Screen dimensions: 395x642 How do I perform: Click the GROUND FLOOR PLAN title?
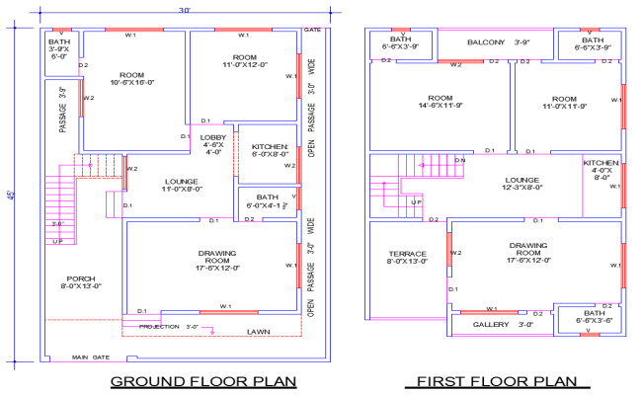[x=201, y=381]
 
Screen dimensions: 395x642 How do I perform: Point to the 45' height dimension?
[x=12, y=195]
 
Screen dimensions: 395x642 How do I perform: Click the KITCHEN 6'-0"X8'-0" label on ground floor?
[x=268, y=150]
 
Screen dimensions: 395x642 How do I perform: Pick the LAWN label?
[x=259, y=332]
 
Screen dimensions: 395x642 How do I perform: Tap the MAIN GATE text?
[x=88, y=357]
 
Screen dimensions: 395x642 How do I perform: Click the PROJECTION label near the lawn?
[x=158, y=326]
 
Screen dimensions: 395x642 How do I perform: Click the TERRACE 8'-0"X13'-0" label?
[x=407, y=259]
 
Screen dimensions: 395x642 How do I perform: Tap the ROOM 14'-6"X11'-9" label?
[x=440, y=103]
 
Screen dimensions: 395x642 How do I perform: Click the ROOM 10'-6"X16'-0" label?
[x=131, y=80]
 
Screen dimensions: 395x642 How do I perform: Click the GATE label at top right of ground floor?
[x=312, y=31]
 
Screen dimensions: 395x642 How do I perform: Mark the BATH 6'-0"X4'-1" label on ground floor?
[x=268, y=201]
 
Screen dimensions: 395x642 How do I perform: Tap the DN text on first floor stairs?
[x=459, y=160]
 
